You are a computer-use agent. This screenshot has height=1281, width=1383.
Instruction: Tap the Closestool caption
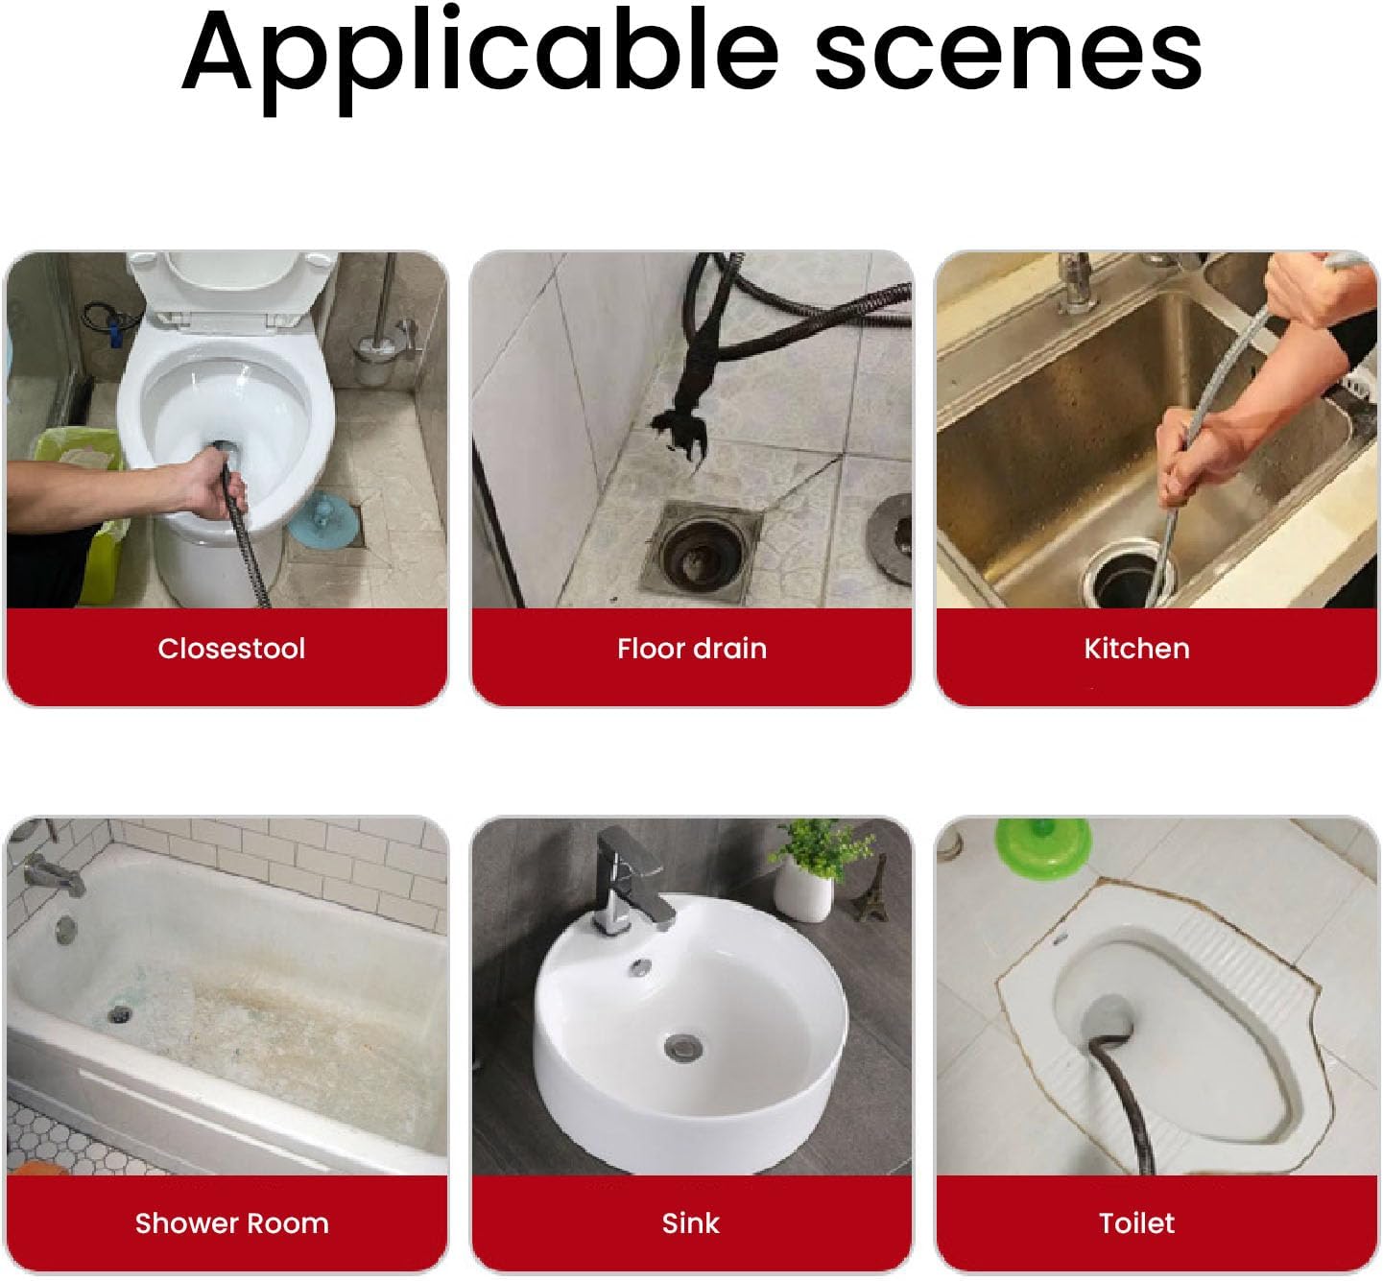pyautogui.click(x=231, y=649)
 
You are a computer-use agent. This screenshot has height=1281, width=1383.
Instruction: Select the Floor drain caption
pyautogui.click(x=691, y=649)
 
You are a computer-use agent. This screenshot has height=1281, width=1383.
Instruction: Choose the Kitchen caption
pyautogui.click(x=1136, y=649)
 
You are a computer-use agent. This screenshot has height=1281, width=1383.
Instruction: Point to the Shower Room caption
pyautogui.click(x=231, y=1223)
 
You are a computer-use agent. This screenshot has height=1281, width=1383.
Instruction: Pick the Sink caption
pyautogui.click(x=690, y=1223)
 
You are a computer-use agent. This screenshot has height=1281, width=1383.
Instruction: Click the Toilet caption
pyautogui.click(x=1136, y=1223)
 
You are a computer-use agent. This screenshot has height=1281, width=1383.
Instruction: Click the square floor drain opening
pyautogui.click(x=700, y=551)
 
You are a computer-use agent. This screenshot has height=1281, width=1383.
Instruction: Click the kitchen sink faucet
pyautogui.click(x=1076, y=282)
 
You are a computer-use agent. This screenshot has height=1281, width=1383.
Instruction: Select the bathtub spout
pyautogui.click(x=55, y=876)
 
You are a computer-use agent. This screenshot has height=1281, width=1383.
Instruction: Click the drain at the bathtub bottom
pyautogui.click(x=119, y=1014)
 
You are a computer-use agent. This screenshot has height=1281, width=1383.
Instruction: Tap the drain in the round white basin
pyautogui.click(x=682, y=1047)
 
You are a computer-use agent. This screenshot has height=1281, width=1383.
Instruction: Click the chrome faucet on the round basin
pyautogui.click(x=631, y=881)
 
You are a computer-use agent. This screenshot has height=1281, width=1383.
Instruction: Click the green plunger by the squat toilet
pyautogui.click(x=1043, y=846)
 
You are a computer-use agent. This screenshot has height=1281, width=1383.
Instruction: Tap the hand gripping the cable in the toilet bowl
pyautogui.click(x=212, y=484)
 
